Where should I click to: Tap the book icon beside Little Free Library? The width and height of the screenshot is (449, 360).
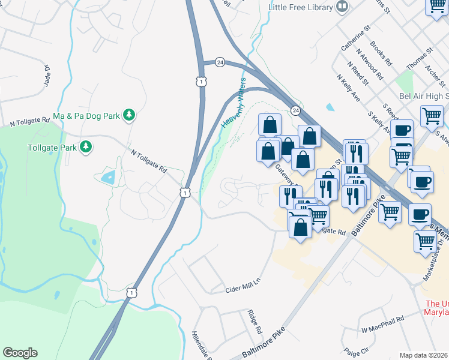coord(342,7)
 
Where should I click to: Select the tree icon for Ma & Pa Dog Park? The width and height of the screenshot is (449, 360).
coord(128,115)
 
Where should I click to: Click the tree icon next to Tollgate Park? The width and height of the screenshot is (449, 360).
coord(86,146)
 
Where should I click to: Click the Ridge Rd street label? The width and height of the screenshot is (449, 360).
coord(255,322)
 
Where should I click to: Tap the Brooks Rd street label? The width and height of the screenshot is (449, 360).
coord(381,53)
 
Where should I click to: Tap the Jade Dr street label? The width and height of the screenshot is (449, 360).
coord(46,77)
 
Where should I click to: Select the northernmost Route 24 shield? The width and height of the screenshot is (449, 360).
coord(220,62)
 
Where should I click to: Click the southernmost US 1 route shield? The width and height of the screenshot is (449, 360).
coord(130,291)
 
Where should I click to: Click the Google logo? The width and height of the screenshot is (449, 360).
coord(20,353)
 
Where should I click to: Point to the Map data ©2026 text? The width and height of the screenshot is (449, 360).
coord(424,355)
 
